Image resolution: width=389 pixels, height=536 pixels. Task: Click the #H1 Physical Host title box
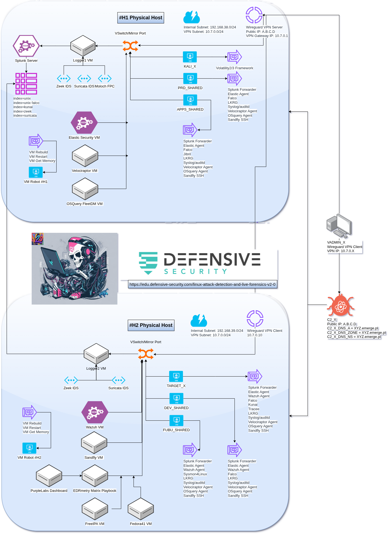pyautogui.click(x=141, y=18)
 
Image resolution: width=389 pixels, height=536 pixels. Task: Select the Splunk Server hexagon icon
pyautogui.click(x=26, y=46)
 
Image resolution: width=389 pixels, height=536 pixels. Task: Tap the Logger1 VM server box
pyautogui.click(x=83, y=46)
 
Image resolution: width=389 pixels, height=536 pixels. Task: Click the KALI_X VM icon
pyautogui.click(x=190, y=57)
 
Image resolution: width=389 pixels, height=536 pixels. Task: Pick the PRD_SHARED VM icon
pyautogui.click(x=190, y=78)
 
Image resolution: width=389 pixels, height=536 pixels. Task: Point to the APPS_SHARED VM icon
pyautogui.click(x=190, y=100)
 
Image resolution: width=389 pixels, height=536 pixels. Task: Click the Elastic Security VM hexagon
pyautogui.click(x=84, y=122)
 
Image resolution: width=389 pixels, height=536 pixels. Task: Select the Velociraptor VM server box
pyautogui.click(x=85, y=156)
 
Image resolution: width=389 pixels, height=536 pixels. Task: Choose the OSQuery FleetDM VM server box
pyautogui.click(x=85, y=189)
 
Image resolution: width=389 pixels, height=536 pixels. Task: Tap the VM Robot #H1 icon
pyautogui.click(x=36, y=172)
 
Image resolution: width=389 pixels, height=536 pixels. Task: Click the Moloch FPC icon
pyautogui.click(x=105, y=78)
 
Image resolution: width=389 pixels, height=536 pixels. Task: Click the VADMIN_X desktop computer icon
pyautogui.click(x=339, y=226)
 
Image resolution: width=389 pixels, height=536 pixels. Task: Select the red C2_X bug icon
pyautogui.click(x=340, y=305)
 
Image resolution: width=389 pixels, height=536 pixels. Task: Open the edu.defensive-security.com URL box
pyautogui.click(x=203, y=284)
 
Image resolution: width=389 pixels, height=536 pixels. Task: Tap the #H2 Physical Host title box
pyautogui.click(x=151, y=325)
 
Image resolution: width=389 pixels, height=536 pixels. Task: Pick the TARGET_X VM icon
pyautogui.click(x=176, y=376)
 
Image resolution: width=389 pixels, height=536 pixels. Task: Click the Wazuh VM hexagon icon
pyautogui.click(x=95, y=412)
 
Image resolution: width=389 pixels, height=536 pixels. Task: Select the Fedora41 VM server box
pyautogui.click(x=141, y=509)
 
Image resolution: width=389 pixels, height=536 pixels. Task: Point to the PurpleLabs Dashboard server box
pyautogui.click(x=49, y=476)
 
